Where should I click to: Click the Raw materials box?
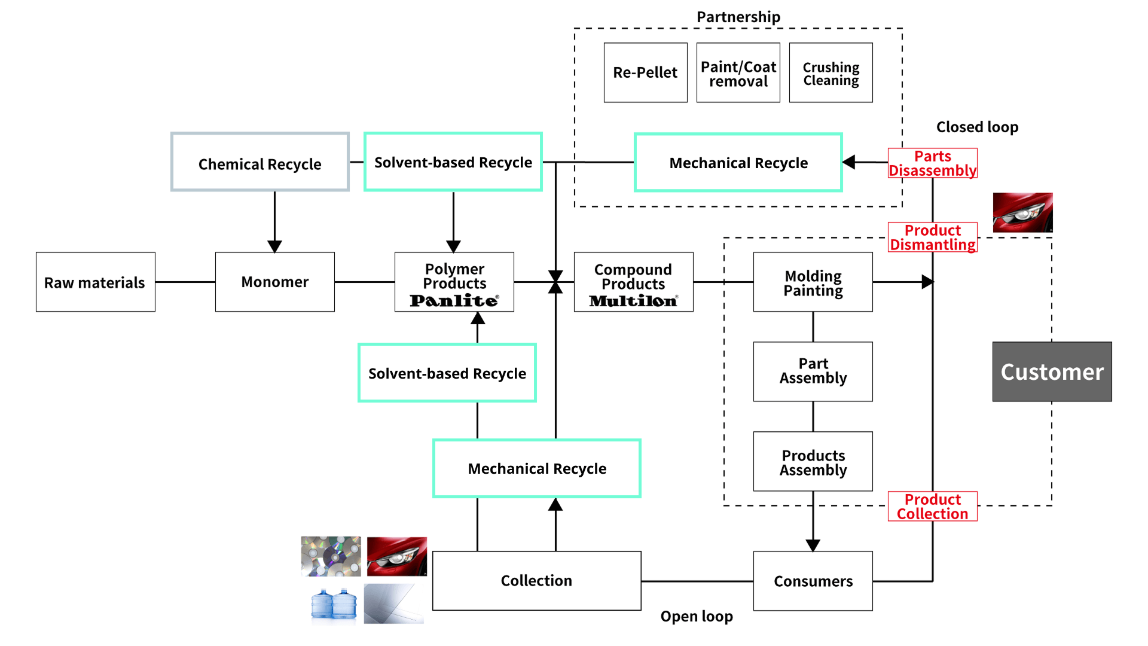pyautogui.click(x=96, y=282)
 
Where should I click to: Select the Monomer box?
pyautogui.click(x=275, y=282)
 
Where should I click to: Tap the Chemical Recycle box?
pyautogui.click(x=260, y=162)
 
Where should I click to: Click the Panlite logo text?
pyautogui.click(x=454, y=300)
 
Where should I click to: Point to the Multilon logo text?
pyautogui.click(x=633, y=301)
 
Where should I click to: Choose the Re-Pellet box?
pyautogui.click(x=645, y=72)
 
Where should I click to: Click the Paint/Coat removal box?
pyautogui.click(x=738, y=72)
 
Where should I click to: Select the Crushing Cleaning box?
pyautogui.click(x=831, y=72)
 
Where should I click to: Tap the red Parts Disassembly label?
pyautogui.click(x=933, y=163)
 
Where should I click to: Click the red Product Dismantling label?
pyautogui.click(x=933, y=237)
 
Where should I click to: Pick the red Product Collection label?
pyautogui.click(x=933, y=507)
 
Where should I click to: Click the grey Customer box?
pyautogui.click(x=1052, y=371)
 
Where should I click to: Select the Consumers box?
pyautogui.click(x=813, y=581)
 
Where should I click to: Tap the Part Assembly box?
pyautogui.click(x=813, y=371)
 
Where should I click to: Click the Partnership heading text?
pyautogui.click(x=738, y=17)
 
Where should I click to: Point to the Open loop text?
pyautogui.click(x=697, y=616)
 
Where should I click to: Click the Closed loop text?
pyautogui.click(x=978, y=127)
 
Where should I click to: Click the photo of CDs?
pyautogui.click(x=331, y=556)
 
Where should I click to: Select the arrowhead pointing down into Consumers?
pyautogui.click(x=813, y=545)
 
